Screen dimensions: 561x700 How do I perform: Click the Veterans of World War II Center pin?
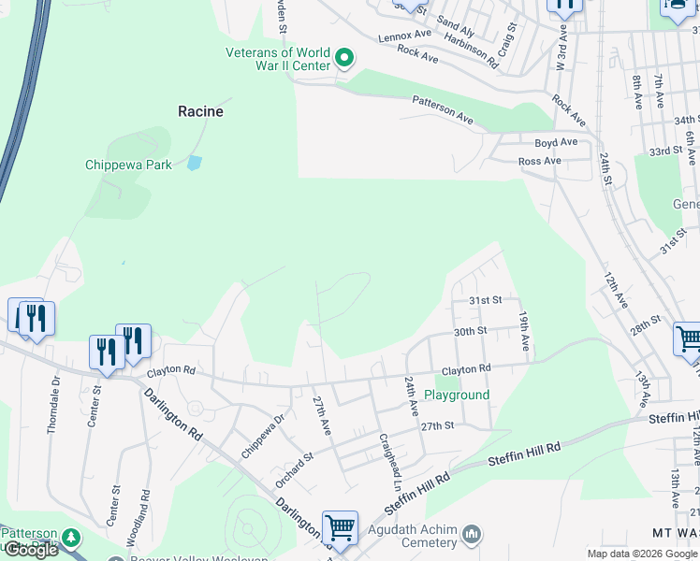click(344, 59)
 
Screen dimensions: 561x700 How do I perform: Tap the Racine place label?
click(201, 111)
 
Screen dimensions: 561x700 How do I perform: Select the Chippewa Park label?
click(128, 165)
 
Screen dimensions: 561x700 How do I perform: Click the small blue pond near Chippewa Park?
click(194, 163)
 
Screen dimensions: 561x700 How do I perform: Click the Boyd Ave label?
click(556, 143)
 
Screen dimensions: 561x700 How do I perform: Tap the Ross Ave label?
click(540, 161)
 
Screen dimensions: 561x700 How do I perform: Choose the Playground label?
click(457, 395)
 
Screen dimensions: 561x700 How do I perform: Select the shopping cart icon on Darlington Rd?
click(340, 528)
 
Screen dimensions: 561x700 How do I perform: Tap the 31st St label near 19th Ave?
click(486, 300)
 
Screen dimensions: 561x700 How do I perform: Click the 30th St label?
click(470, 331)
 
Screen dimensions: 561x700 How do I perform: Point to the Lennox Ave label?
click(404, 36)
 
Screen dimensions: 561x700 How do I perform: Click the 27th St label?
click(436, 425)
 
